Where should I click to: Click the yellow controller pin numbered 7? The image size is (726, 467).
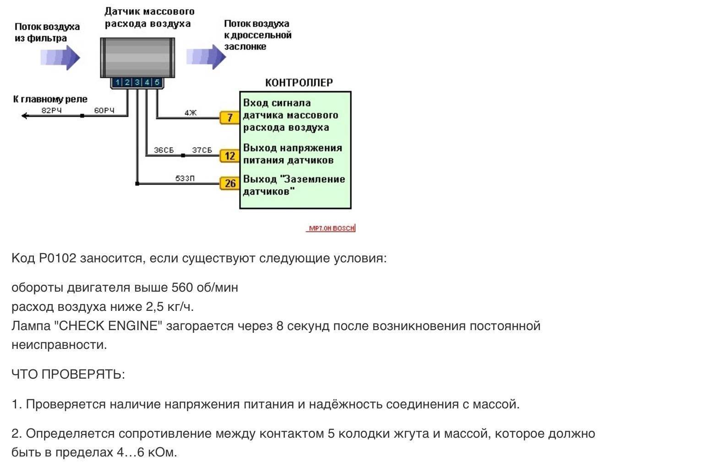click(229, 118)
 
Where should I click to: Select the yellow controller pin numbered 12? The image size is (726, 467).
click(229, 156)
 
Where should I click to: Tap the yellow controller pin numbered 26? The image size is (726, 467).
click(230, 184)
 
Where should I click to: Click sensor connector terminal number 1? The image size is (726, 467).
click(118, 82)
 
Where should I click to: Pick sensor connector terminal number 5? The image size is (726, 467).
click(157, 82)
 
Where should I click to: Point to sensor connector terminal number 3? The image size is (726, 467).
click(137, 82)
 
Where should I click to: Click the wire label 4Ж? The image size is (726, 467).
click(191, 112)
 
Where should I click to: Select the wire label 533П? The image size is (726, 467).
click(185, 178)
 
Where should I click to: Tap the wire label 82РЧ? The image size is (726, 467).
click(51, 110)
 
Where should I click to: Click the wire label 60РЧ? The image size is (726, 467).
click(104, 110)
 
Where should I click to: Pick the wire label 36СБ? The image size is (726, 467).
click(164, 150)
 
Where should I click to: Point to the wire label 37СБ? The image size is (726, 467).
click(202, 150)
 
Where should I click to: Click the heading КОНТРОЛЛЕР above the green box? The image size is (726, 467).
click(299, 83)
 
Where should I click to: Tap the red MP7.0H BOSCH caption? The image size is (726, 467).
click(331, 228)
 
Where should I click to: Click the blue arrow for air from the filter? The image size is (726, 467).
click(60, 58)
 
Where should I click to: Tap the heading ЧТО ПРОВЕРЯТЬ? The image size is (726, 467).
click(68, 375)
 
